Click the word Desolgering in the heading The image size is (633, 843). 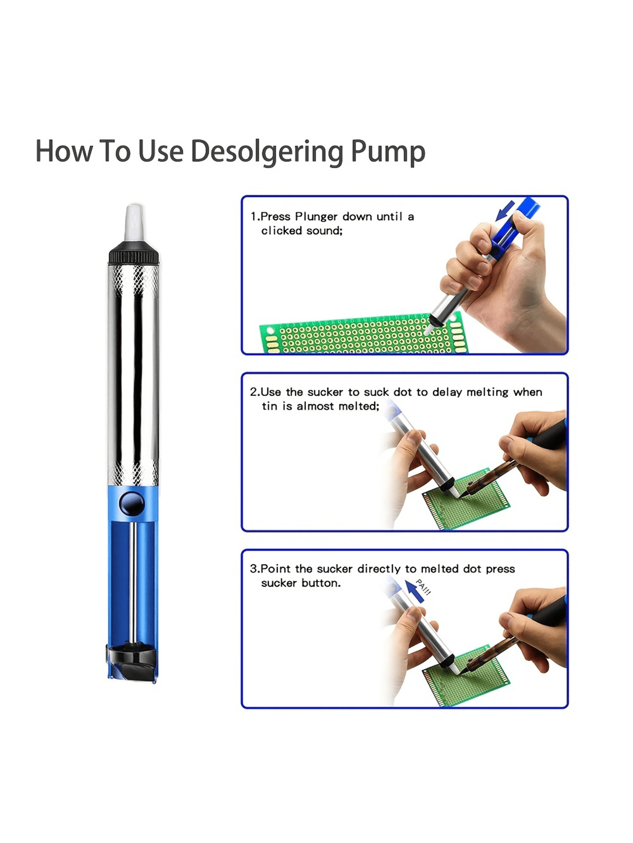coord(266,152)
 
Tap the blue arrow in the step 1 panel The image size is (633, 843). coord(505,210)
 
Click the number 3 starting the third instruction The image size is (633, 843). coord(253,569)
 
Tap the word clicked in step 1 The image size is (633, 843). coord(282,231)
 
